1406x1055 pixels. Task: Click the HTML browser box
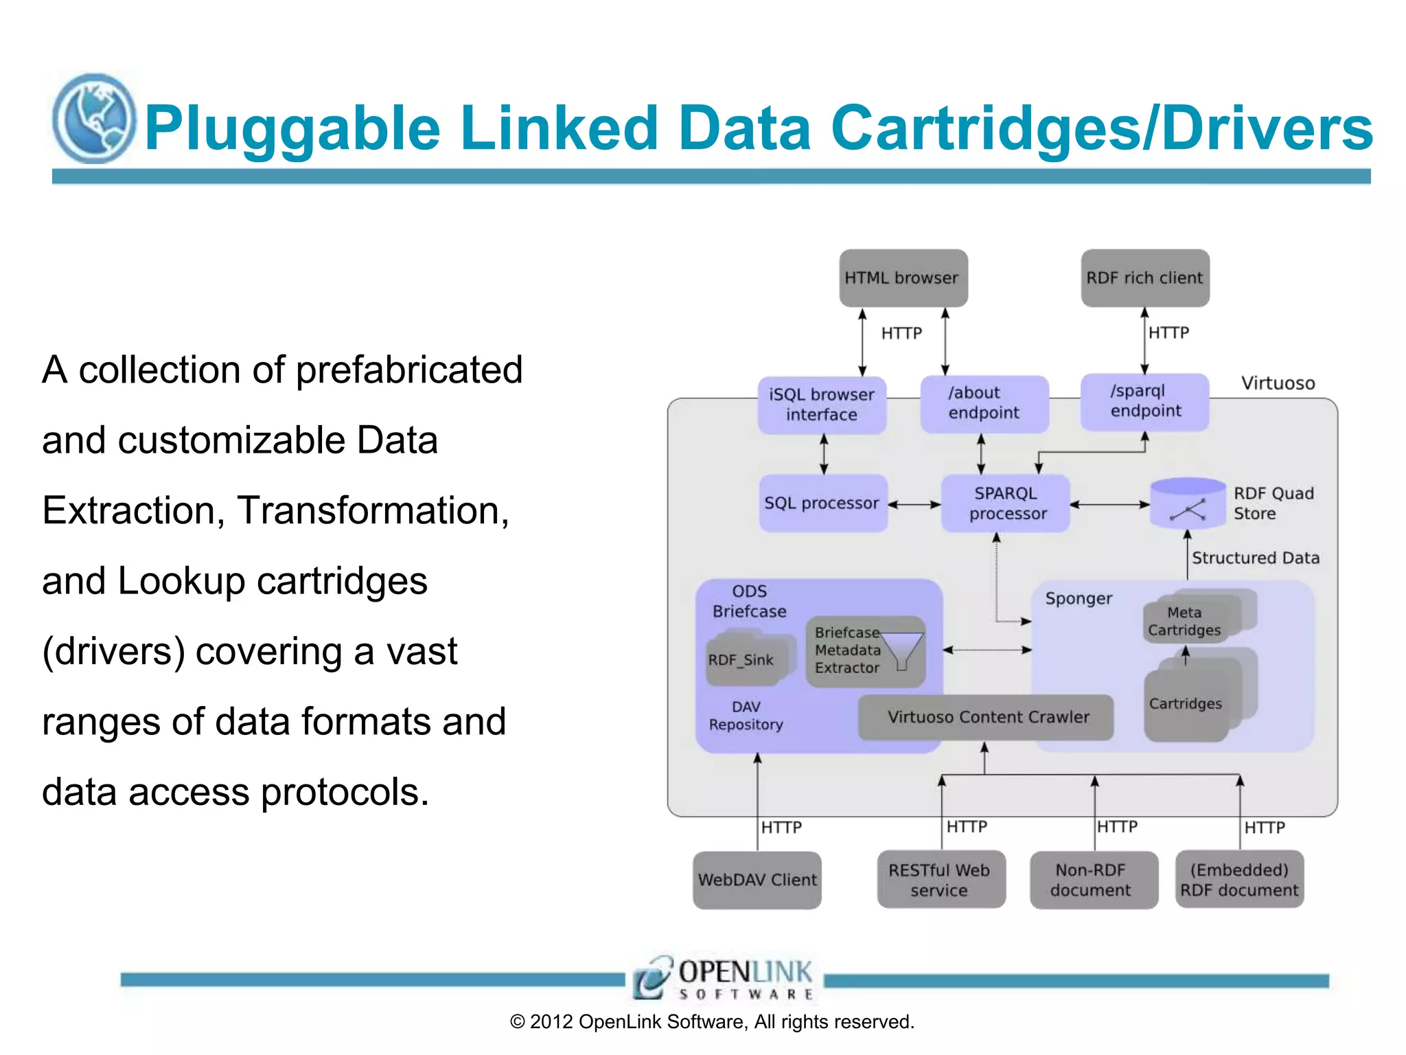[903, 278]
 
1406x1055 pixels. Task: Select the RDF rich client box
[1144, 278]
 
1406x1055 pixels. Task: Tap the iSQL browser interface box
[822, 405]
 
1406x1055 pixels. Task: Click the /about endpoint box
[984, 403]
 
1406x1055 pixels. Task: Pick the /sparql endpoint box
[1144, 402]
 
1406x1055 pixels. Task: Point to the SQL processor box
[822, 503]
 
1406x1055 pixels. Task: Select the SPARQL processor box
[1005, 503]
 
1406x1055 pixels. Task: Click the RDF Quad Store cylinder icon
[1187, 503]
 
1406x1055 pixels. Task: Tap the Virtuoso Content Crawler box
[987, 717]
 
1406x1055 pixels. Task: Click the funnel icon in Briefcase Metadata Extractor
[901, 650]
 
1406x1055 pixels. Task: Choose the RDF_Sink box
[742, 661]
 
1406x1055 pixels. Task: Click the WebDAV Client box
[757, 880]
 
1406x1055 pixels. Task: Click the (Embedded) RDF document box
[1239, 880]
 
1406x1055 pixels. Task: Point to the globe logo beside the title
[94, 119]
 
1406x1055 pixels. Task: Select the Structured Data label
[1255, 558]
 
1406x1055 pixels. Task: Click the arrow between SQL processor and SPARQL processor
[914, 505]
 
